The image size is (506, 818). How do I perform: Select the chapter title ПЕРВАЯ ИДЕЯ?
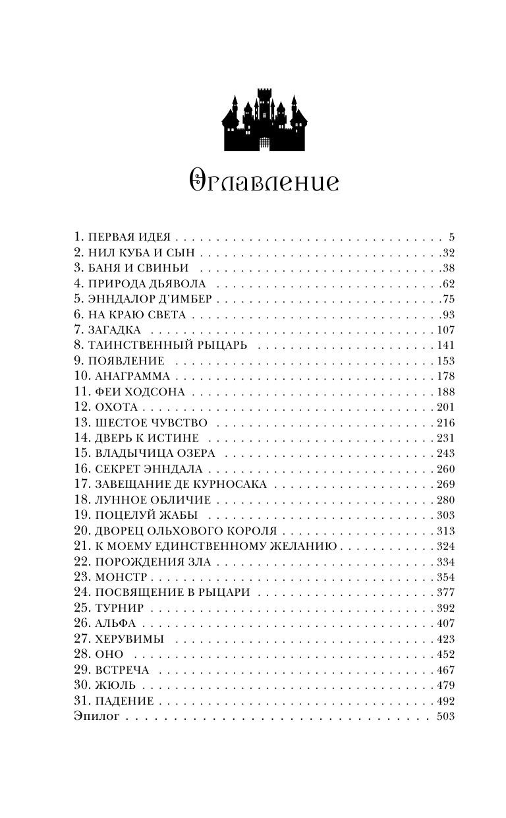[130, 237]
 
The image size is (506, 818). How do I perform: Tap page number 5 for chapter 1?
[452, 237]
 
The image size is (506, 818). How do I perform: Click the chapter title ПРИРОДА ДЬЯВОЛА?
[149, 284]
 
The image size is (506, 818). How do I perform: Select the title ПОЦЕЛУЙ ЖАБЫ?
[146, 515]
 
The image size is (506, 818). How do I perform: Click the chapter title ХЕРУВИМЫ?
[129, 639]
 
